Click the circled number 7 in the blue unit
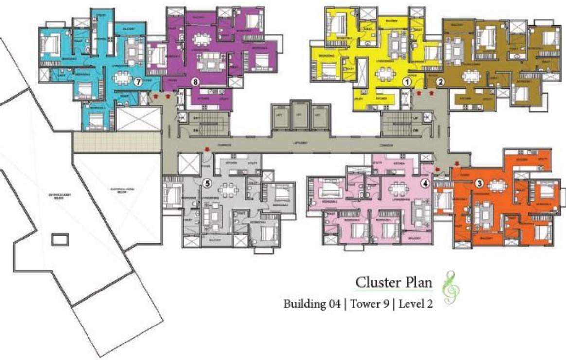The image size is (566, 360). [x=138, y=82]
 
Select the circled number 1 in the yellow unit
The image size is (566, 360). [x=406, y=82]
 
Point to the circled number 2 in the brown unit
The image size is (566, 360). [x=440, y=82]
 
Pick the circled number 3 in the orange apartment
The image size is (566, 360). [x=479, y=183]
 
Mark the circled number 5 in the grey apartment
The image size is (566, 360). [x=207, y=183]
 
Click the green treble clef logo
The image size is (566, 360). [x=451, y=287]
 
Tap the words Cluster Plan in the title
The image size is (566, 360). [x=394, y=282]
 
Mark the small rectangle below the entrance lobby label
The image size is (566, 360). [x=60, y=240]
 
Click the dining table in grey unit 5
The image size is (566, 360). [x=227, y=188]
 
